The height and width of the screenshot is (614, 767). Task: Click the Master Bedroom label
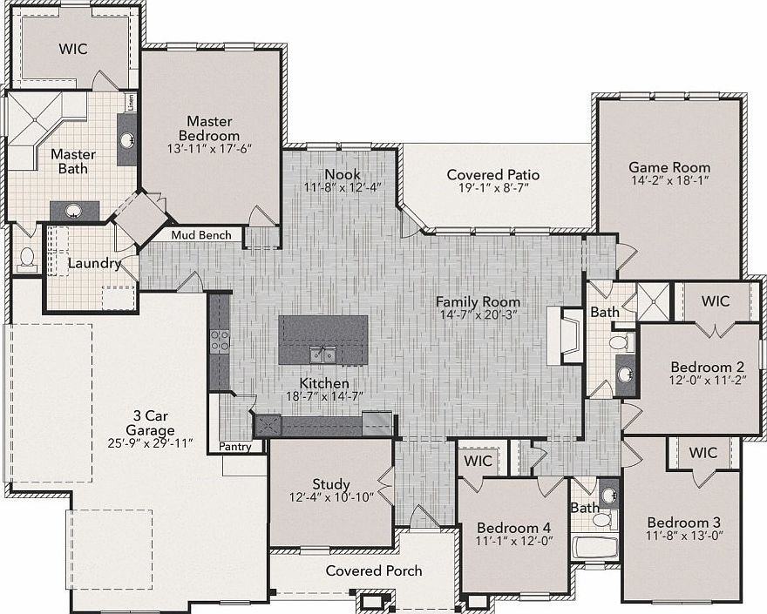(209, 128)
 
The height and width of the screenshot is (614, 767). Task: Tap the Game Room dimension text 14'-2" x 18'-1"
(669, 180)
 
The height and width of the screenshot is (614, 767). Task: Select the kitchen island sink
(322, 354)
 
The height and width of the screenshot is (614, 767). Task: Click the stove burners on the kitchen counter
(220, 341)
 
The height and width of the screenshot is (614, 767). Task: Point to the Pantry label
(234, 446)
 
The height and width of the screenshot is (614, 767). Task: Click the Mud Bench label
(201, 235)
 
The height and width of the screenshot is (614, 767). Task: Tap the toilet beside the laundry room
(26, 260)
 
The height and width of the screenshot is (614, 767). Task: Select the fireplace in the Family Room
(566, 335)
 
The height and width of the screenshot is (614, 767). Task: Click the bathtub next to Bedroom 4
(595, 549)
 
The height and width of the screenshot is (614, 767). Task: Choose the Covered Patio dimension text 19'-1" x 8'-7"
(493, 188)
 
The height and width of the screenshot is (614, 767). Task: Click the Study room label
(331, 484)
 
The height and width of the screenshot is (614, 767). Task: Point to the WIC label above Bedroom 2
(716, 300)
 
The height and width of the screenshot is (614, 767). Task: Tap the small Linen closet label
(131, 103)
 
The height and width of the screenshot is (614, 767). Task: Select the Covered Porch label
(374, 570)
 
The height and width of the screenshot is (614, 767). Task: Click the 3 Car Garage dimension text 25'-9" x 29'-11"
(150, 443)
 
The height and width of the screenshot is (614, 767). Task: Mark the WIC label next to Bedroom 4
(478, 461)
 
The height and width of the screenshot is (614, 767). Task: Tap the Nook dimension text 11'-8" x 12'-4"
(343, 187)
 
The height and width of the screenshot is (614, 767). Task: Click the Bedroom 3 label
(683, 522)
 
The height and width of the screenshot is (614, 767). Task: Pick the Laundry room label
(94, 264)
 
